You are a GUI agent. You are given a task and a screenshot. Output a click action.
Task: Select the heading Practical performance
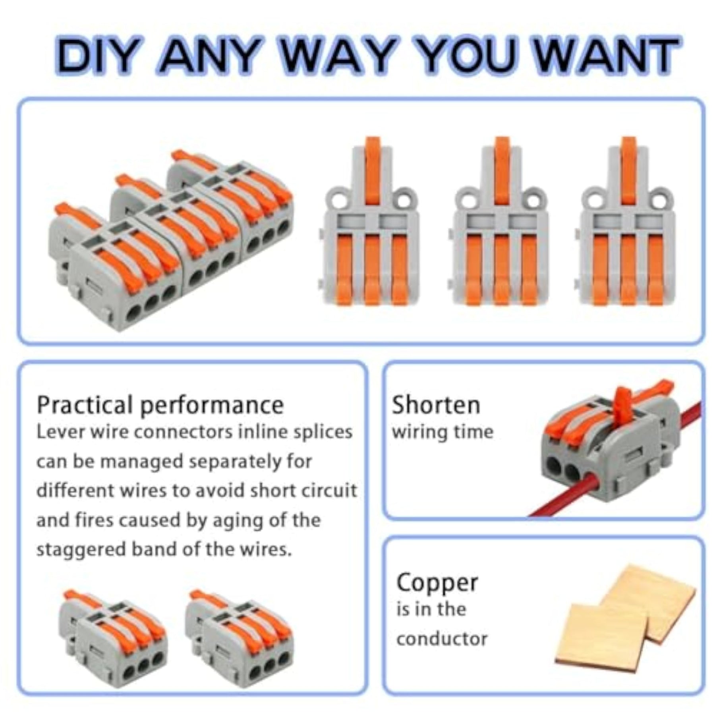[160, 406]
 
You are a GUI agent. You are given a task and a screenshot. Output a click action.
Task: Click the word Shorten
[436, 405]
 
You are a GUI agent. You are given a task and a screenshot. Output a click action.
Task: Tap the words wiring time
[443, 432]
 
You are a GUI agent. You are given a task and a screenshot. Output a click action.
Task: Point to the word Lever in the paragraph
[61, 432]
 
